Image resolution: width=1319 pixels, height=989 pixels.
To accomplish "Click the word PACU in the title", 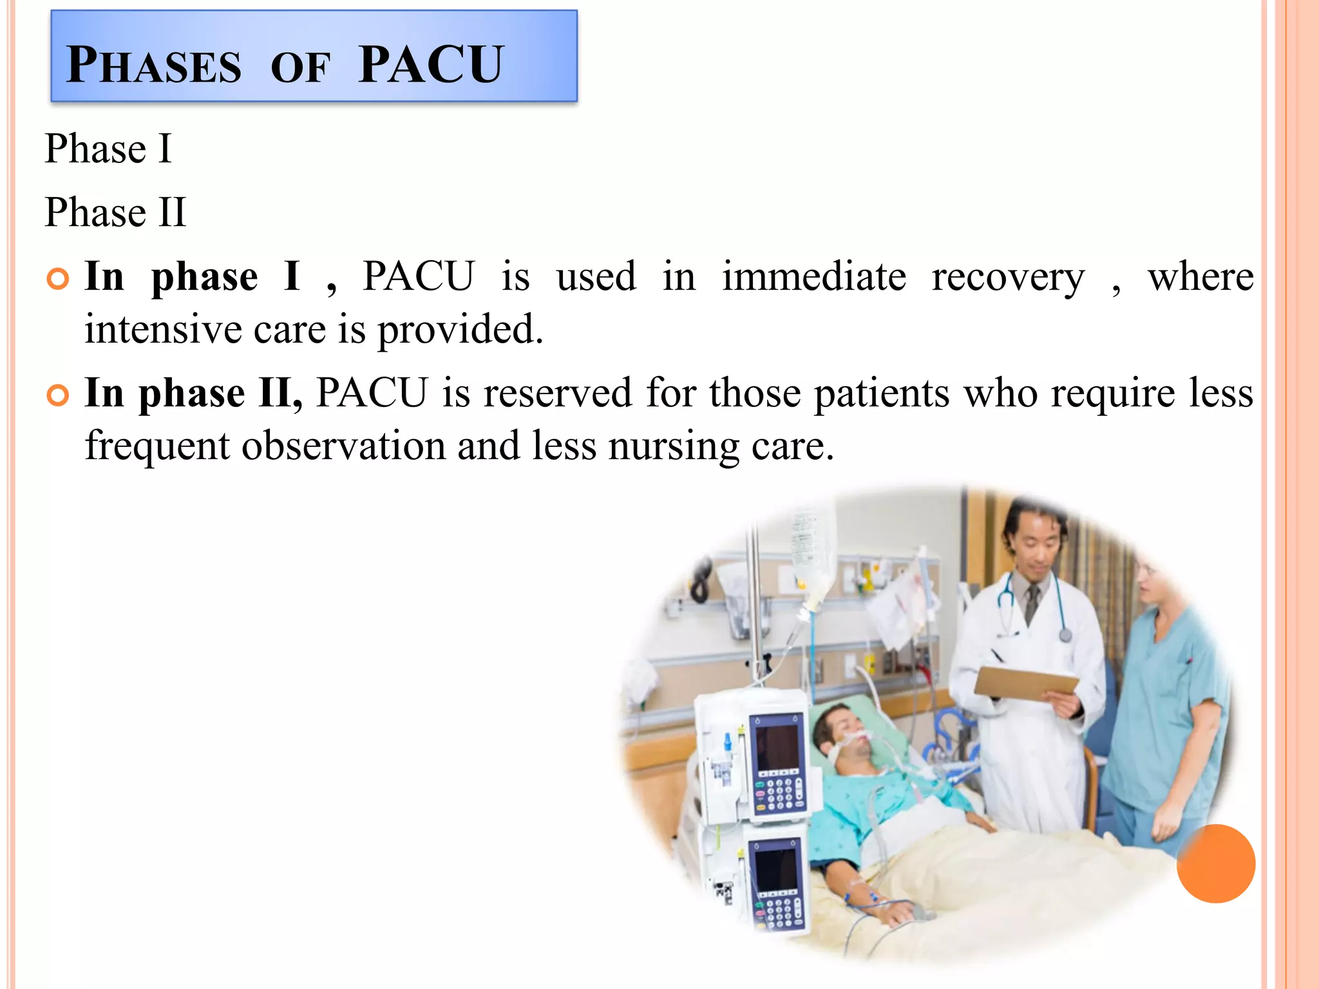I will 430,65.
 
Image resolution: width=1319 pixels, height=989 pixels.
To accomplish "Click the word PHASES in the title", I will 154,66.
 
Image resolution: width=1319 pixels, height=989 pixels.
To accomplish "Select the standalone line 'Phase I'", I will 108,149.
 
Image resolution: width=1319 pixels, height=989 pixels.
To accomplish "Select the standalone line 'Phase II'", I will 115,212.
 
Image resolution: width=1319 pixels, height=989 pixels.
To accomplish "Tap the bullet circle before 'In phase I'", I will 58,279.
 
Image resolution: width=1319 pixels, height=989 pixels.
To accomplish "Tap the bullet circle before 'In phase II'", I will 58,395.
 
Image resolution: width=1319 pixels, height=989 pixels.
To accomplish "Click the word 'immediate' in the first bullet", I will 814,277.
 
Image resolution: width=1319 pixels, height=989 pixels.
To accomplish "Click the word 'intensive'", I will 162,330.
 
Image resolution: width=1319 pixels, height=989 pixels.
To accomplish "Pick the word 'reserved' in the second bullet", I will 558,393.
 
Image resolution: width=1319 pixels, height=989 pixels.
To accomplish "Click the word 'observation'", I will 343,446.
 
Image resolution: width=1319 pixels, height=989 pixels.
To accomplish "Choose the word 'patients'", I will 882,393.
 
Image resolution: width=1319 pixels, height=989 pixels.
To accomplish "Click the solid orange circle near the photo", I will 1215,863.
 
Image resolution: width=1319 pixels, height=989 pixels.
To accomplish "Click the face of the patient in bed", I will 845,734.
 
